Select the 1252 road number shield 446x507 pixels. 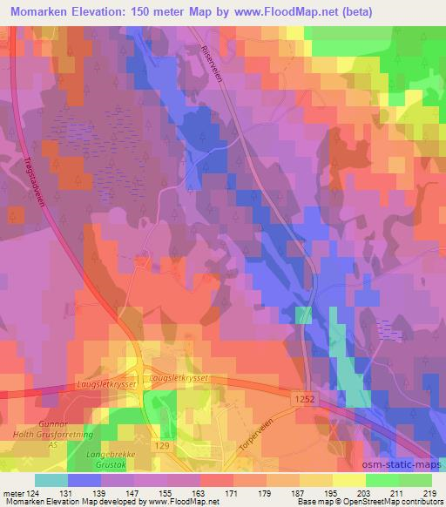(302, 398)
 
